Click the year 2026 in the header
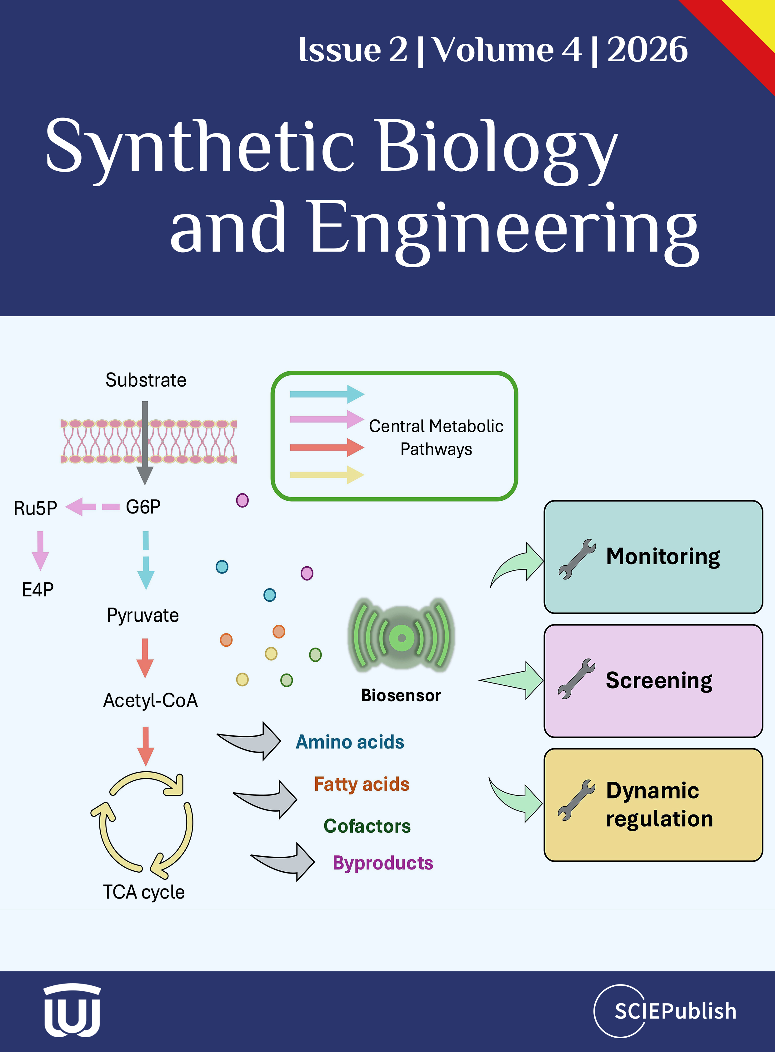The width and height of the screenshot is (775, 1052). point(647,49)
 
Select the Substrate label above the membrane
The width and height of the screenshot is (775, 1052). point(146,380)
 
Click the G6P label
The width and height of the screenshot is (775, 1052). point(143,507)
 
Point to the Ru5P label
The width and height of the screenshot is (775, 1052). point(35,508)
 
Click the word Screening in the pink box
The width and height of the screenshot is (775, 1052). point(659,680)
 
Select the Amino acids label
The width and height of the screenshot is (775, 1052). point(350,742)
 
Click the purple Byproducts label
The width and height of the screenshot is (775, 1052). point(383,863)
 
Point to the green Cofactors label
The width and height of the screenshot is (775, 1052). point(367,826)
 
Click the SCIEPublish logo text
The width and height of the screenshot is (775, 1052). point(676,1011)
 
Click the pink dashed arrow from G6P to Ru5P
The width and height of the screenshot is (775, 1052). point(92,507)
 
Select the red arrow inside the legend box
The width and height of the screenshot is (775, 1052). point(327,447)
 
